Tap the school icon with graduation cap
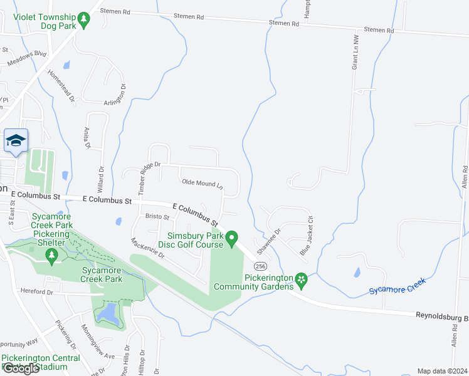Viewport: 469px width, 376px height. tap(15, 141)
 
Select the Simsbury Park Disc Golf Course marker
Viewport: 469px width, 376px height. tap(231, 238)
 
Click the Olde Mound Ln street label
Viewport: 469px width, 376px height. tap(202, 184)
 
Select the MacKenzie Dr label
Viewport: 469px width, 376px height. tap(147, 248)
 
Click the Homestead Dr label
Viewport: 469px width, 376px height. tap(61, 86)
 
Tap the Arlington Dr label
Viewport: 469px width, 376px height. tap(115, 96)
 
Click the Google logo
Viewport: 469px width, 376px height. tap(21, 368)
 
